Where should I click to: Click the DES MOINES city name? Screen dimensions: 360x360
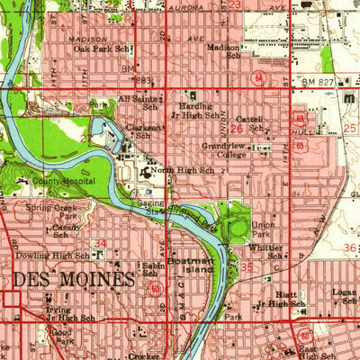(81, 279)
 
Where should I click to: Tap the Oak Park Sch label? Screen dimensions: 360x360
(103, 49)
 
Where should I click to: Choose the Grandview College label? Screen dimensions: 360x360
(224, 150)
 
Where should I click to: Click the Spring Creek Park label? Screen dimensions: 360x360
(54, 212)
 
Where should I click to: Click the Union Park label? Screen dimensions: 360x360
(263, 229)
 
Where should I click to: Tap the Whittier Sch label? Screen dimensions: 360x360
(268, 251)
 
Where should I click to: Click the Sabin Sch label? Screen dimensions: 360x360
(153, 272)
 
